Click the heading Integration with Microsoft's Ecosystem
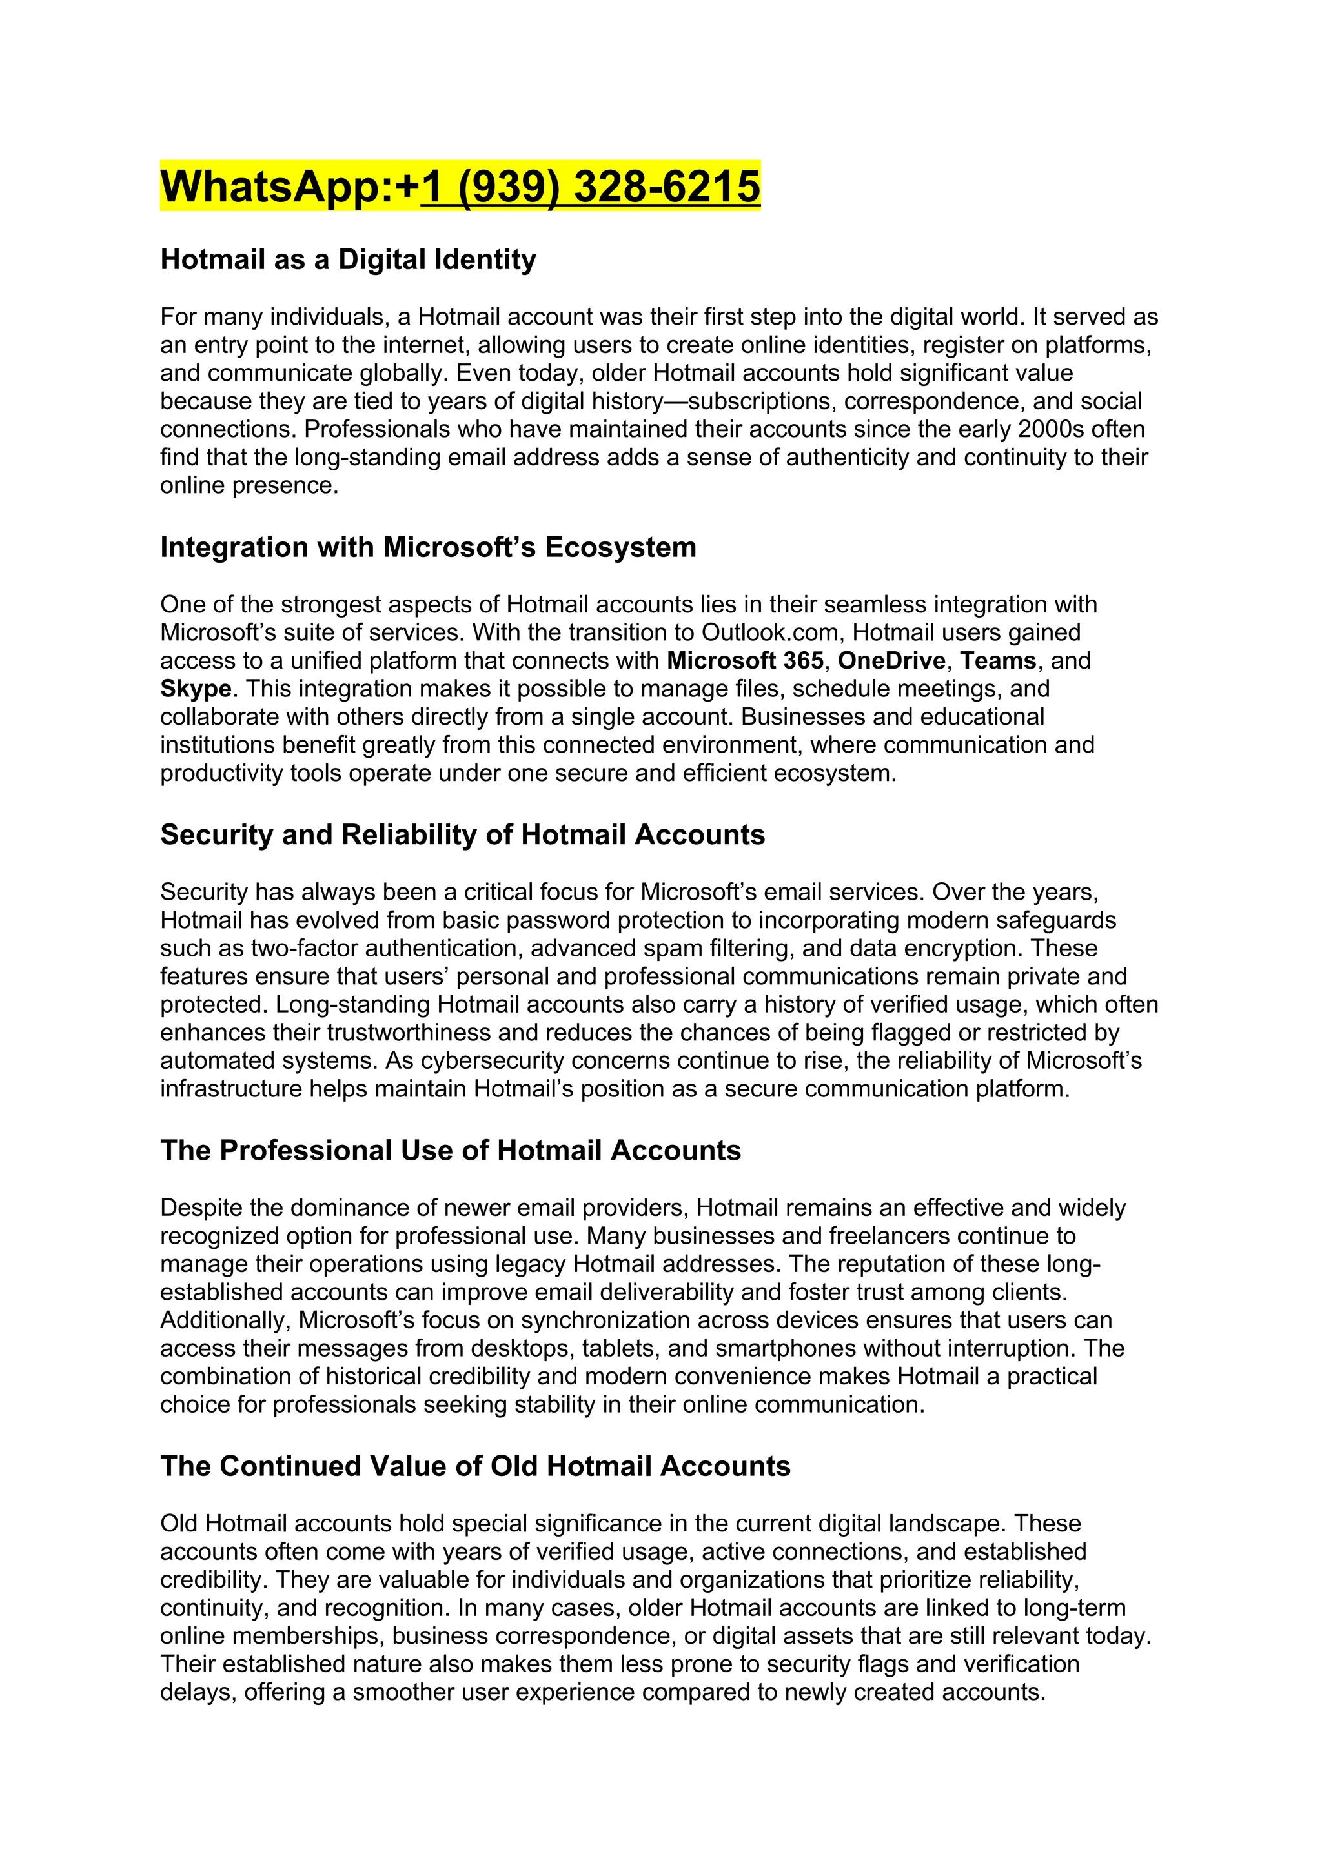[427, 547]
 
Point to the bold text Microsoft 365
[745, 660]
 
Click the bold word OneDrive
[891, 660]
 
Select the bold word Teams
[998, 660]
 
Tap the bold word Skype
[196, 689]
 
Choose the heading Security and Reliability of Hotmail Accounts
[462, 834]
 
